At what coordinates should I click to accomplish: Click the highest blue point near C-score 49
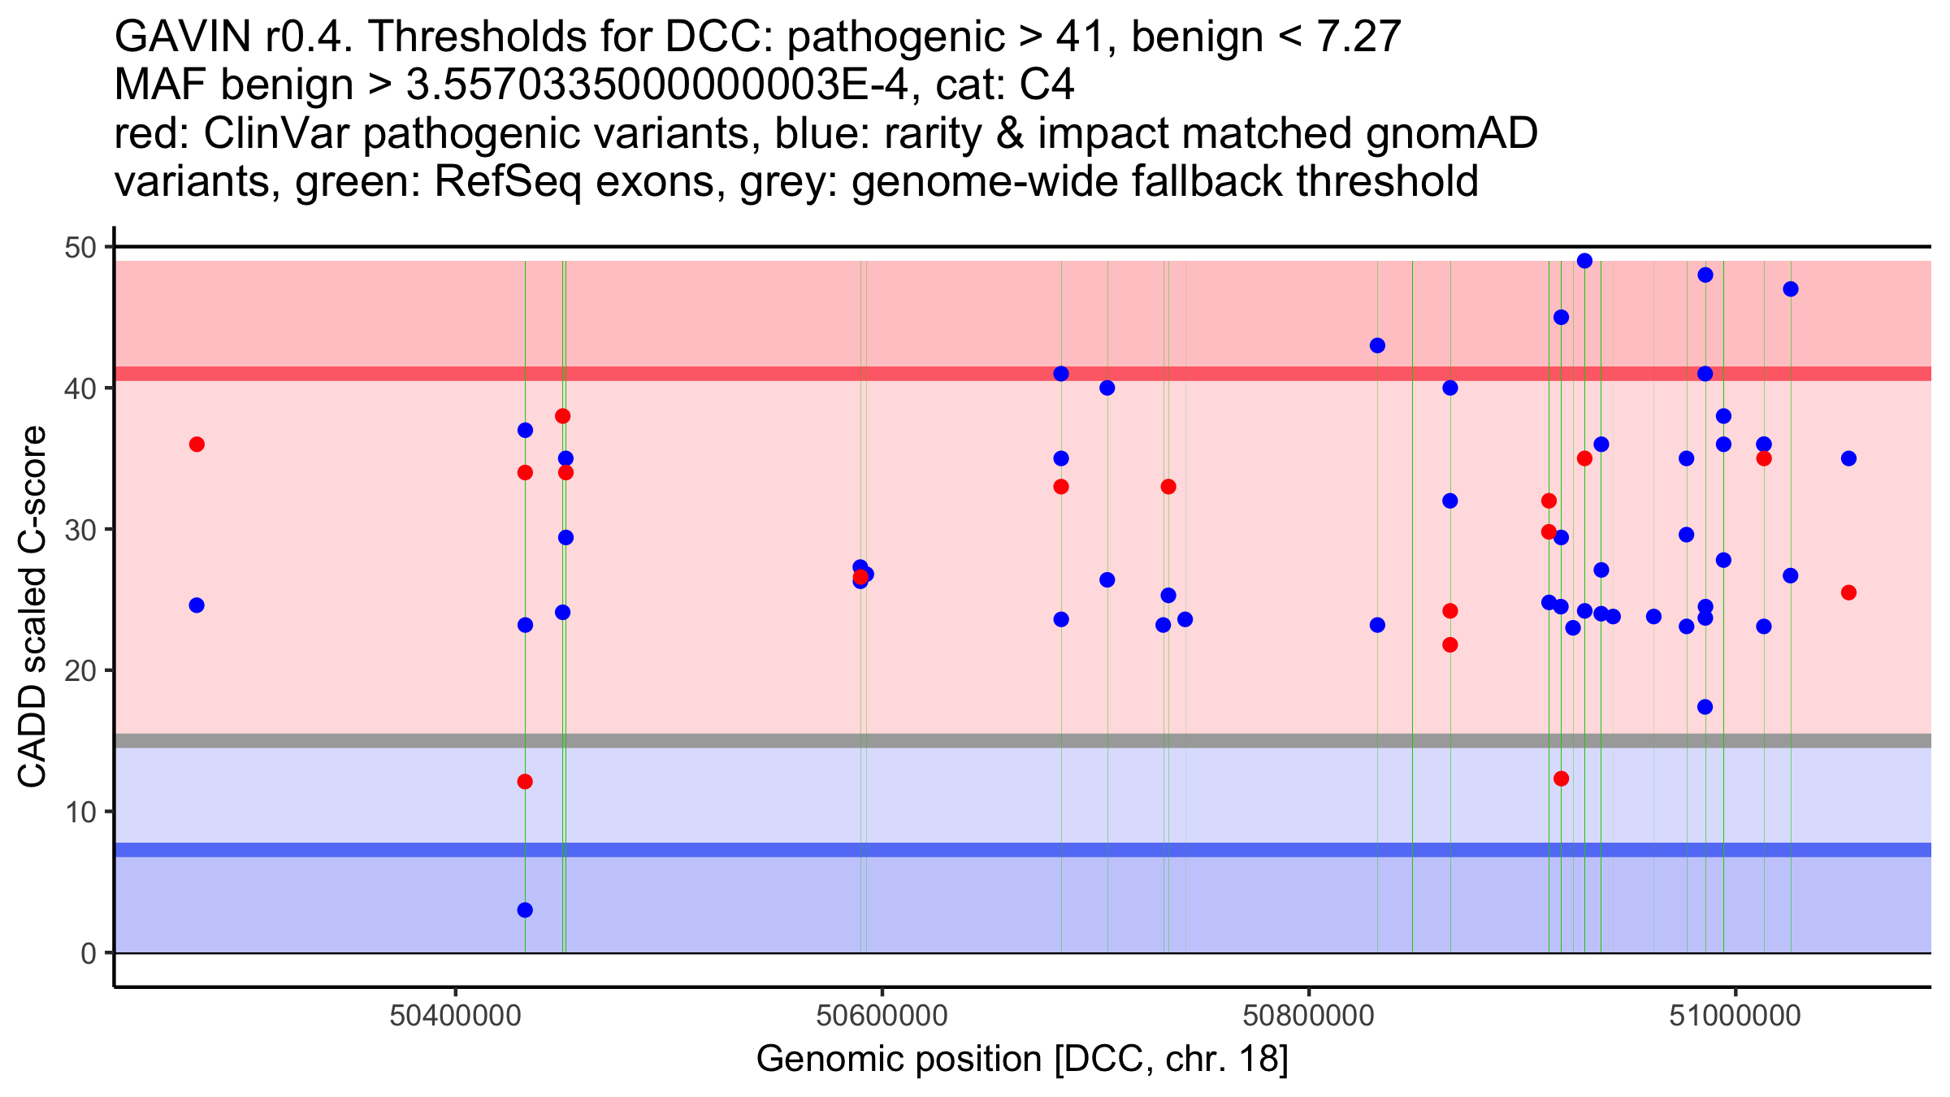pos(1584,261)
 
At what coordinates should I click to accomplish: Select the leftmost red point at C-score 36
pos(197,444)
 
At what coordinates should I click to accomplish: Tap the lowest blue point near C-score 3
pos(525,910)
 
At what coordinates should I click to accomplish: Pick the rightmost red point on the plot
pos(1848,592)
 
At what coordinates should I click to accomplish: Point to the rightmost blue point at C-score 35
pos(1848,458)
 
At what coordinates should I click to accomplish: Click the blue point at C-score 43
pos(1377,345)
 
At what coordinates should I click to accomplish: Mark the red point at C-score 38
pos(562,416)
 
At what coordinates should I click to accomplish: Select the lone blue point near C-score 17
pos(1705,707)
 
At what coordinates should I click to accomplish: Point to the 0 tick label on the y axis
pos(88,953)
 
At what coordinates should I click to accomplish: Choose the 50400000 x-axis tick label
pos(455,1016)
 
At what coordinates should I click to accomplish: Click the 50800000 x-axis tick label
pos(1309,1016)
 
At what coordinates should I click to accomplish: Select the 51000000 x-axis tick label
pos(1735,1016)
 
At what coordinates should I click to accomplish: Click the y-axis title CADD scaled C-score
pos(32,607)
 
